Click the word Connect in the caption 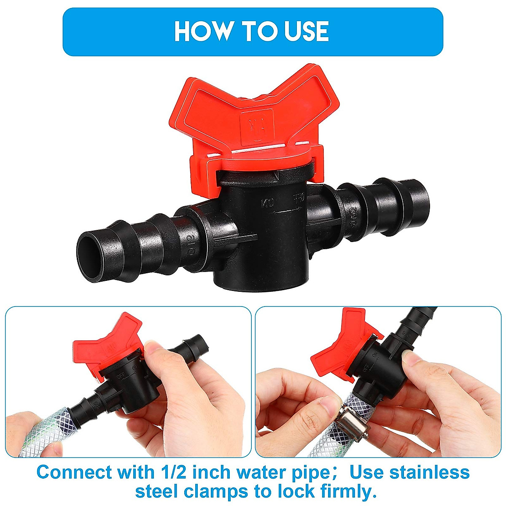point(74,472)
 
